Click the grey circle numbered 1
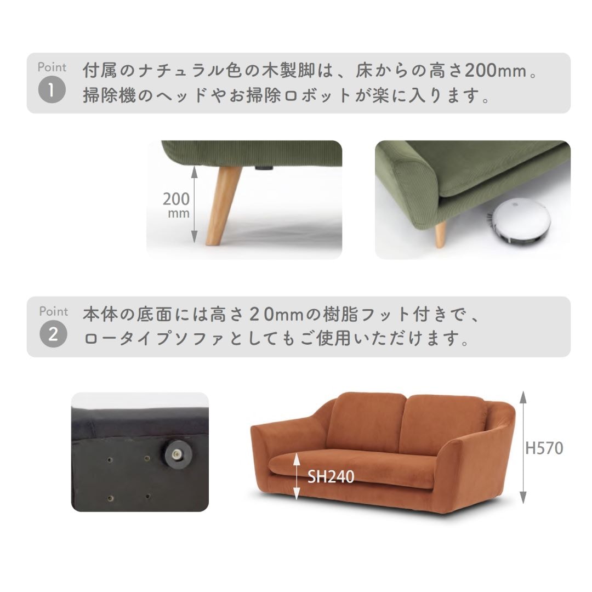52,90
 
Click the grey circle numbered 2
53,334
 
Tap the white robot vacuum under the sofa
519,221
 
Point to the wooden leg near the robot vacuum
440,234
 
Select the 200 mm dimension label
177,204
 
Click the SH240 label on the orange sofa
331,476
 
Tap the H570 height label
544,448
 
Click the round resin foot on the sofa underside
178,453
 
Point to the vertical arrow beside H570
523,447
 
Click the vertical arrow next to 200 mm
194,204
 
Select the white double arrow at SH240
297,476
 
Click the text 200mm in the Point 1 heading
496,71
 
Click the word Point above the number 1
52,67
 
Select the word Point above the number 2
53,311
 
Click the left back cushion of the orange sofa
366,421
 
